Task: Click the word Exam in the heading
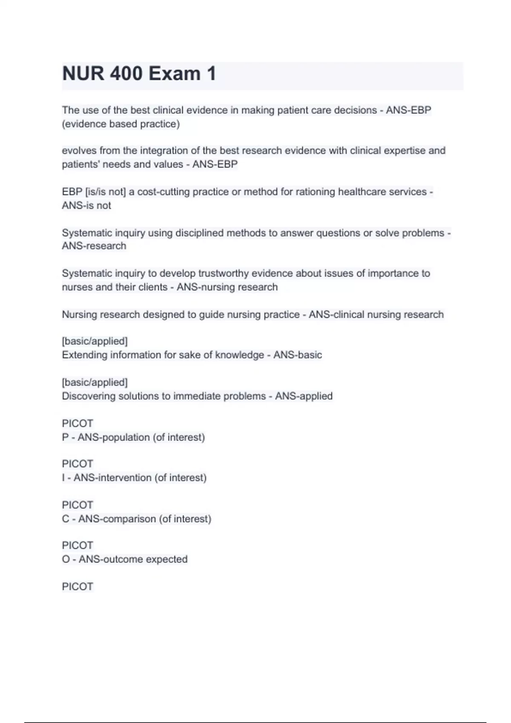[x=175, y=74]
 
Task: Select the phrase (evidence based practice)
[x=121, y=124]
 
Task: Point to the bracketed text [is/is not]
[x=106, y=192]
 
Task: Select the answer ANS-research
[x=94, y=246]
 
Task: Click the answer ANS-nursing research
[x=227, y=287]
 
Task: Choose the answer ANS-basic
[x=297, y=355]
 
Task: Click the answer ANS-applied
[x=304, y=396]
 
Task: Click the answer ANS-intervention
[x=112, y=478]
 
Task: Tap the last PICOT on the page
[x=78, y=586]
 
